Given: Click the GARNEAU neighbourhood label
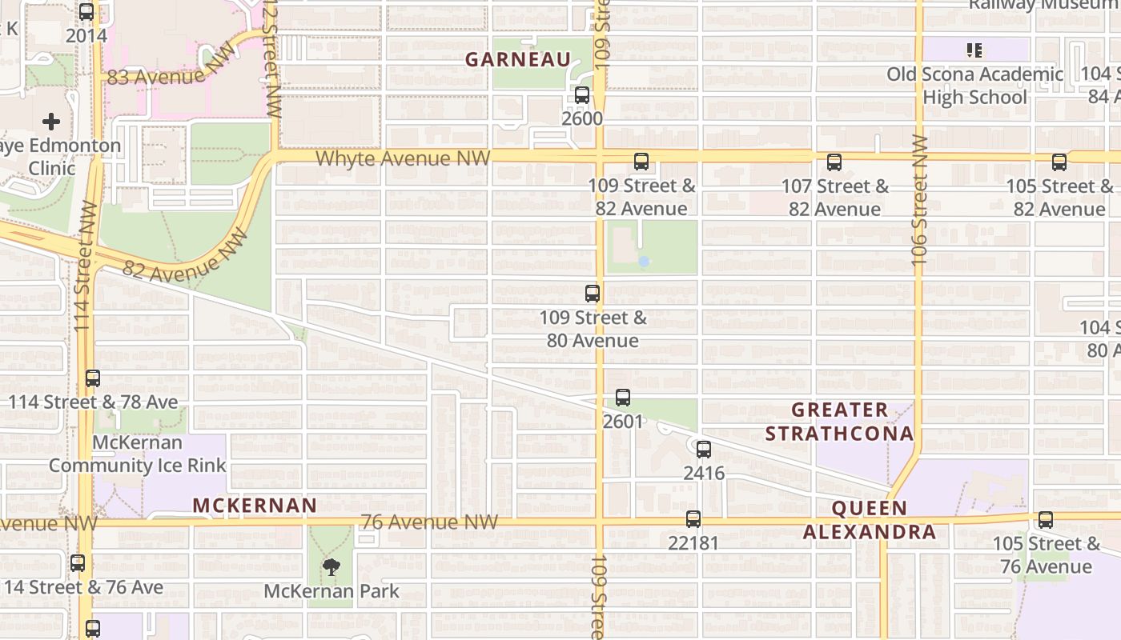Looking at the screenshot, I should [x=518, y=60].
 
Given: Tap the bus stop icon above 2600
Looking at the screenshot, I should [x=582, y=95].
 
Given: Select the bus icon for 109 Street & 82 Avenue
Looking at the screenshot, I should [x=641, y=162].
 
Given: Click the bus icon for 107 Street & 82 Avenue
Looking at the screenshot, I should [x=834, y=162].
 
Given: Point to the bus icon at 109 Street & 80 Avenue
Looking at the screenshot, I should [x=593, y=294].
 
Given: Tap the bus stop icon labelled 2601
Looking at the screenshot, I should [x=623, y=398].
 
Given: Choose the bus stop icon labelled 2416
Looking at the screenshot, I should [x=704, y=450].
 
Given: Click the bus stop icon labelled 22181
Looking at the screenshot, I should [x=693, y=519].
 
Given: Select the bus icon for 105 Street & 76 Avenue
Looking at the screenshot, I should [x=1046, y=520].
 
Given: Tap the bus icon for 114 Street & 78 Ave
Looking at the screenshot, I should [x=93, y=378].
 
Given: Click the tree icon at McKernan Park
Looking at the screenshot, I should [x=331, y=568].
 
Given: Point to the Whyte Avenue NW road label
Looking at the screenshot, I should [x=402, y=158].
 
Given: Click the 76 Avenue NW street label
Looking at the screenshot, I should [x=429, y=522].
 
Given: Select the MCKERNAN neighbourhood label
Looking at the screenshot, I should [x=255, y=506].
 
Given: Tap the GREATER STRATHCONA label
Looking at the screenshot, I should [x=839, y=422].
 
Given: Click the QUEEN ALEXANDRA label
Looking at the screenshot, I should [x=870, y=520].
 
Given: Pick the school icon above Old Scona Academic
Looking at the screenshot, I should [x=974, y=50].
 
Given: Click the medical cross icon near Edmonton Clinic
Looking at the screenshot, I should [x=51, y=122].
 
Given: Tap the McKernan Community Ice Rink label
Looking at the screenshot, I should [x=138, y=454].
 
